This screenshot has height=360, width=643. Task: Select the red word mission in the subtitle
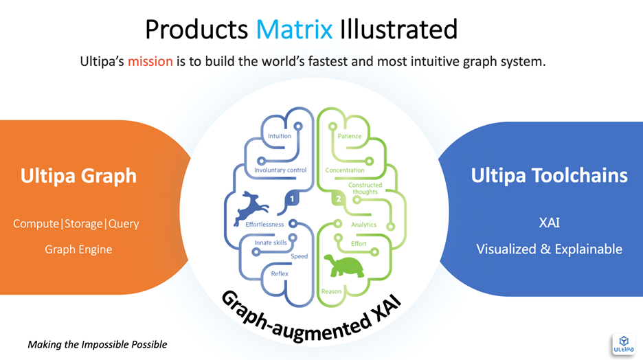[x=150, y=62]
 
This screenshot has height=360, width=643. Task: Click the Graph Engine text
[x=78, y=249]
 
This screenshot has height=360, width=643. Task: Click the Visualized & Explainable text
[x=549, y=249]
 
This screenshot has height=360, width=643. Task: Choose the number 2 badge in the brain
[x=337, y=199]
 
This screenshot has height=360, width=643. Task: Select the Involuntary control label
[x=280, y=170]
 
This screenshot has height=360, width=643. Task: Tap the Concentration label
[x=345, y=170]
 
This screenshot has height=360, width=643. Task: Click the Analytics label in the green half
[x=363, y=225]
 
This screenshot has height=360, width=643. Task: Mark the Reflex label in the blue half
[x=279, y=273]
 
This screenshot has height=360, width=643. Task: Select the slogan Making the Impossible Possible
[x=98, y=344]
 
